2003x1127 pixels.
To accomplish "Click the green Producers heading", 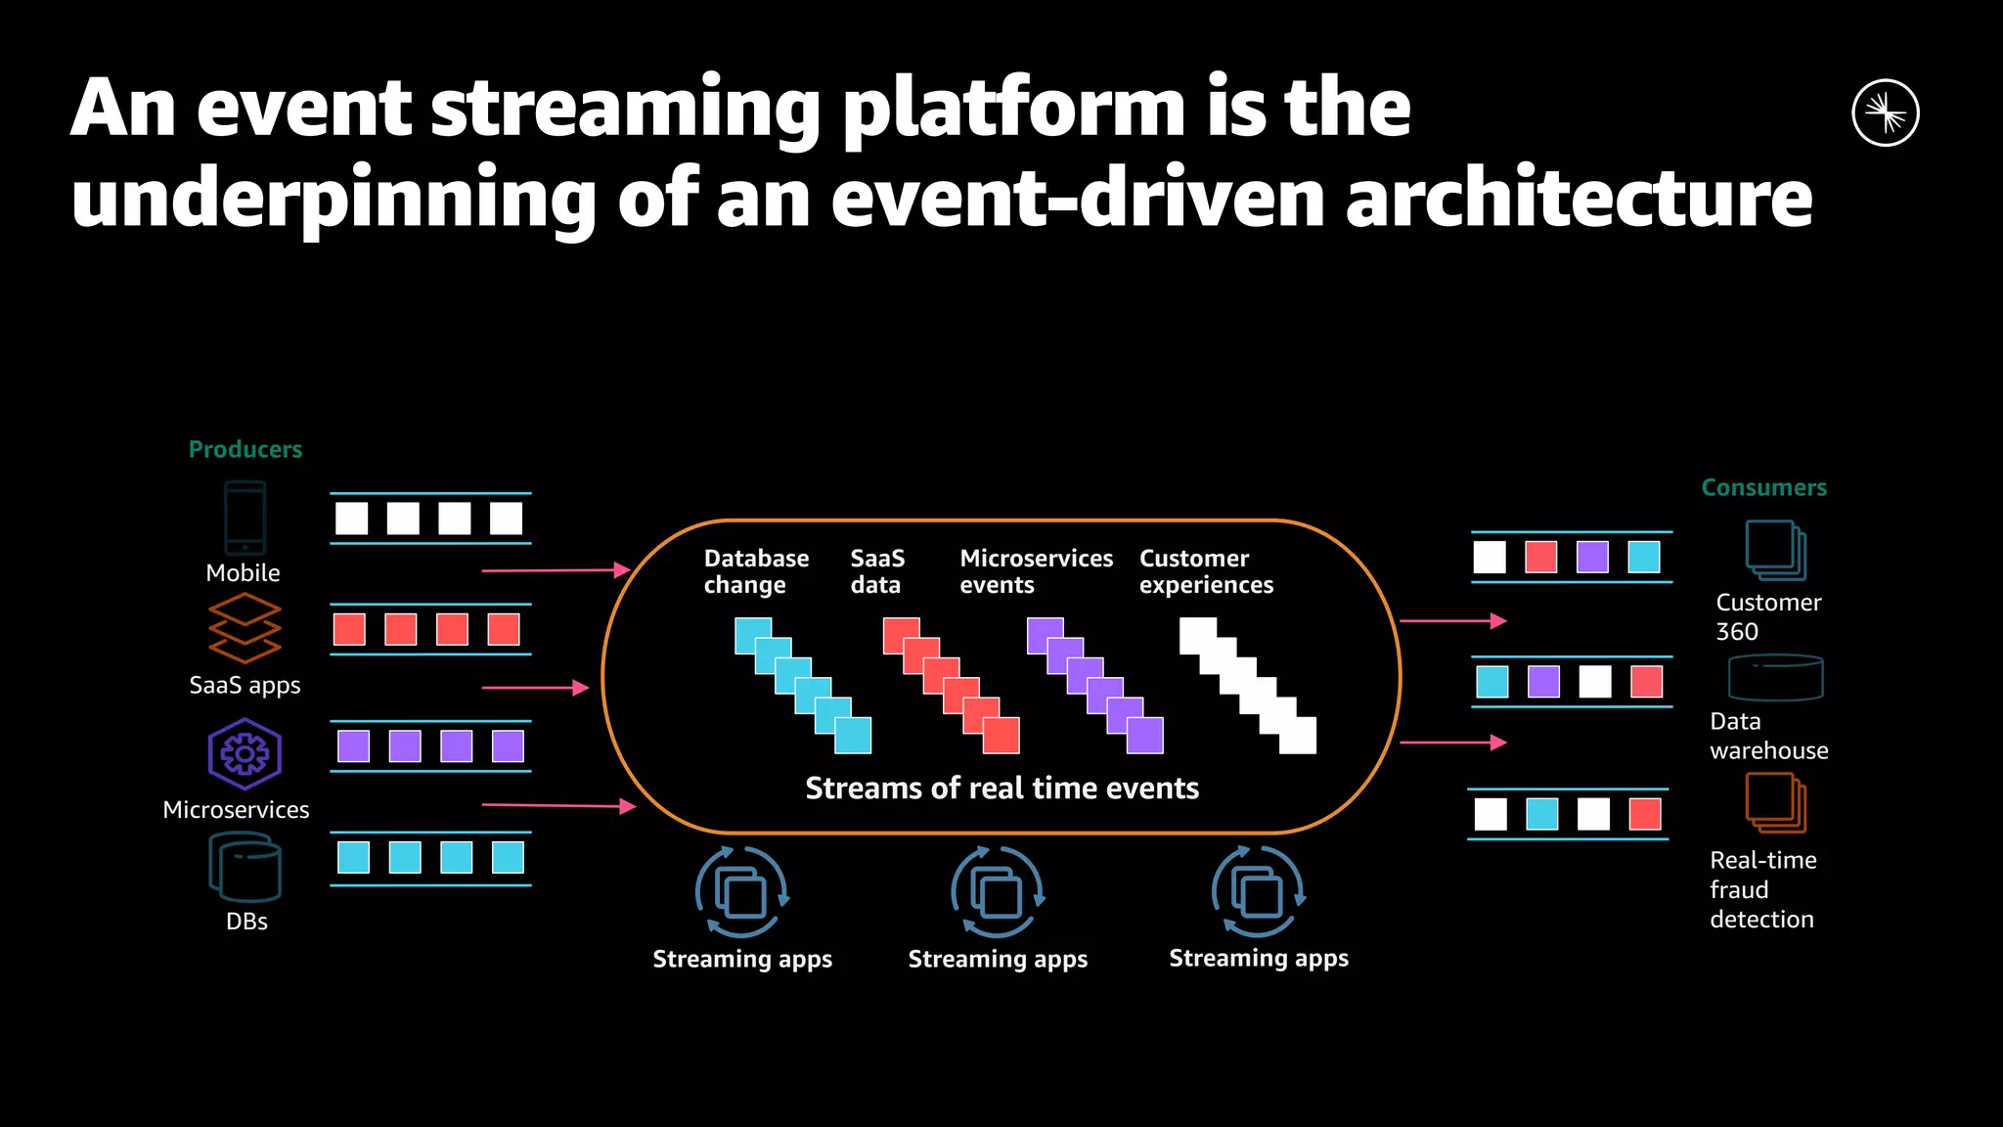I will (x=245, y=449).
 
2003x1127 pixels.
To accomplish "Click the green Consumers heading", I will (x=1763, y=487).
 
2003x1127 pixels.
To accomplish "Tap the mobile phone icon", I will (x=245, y=518).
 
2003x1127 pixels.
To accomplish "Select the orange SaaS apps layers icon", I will (x=245, y=628).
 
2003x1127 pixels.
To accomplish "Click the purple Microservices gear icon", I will (x=245, y=754).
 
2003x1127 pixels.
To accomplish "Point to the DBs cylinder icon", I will (x=245, y=867).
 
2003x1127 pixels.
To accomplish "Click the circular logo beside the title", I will (x=1885, y=113).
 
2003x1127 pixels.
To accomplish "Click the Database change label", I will (x=756, y=571).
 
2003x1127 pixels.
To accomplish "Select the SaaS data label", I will (x=876, y=571).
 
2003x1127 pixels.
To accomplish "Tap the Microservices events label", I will (x=1036, y=571).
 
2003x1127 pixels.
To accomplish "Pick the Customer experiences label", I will (x=1206, y=571).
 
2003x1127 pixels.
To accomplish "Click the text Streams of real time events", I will (x=1001, y=788).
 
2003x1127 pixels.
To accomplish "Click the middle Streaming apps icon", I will (x=998, y=892).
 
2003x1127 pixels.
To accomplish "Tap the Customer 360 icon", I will (x=1775, y=551).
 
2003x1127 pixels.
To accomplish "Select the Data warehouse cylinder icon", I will (x=1775, y=678).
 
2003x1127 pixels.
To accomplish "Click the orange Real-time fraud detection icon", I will (x=1775, y=803).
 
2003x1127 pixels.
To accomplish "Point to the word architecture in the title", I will (x=1579, y=198).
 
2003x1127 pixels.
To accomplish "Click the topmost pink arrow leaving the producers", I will (x=556, y=569).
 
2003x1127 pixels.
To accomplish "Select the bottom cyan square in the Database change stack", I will (x=853, y=736).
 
